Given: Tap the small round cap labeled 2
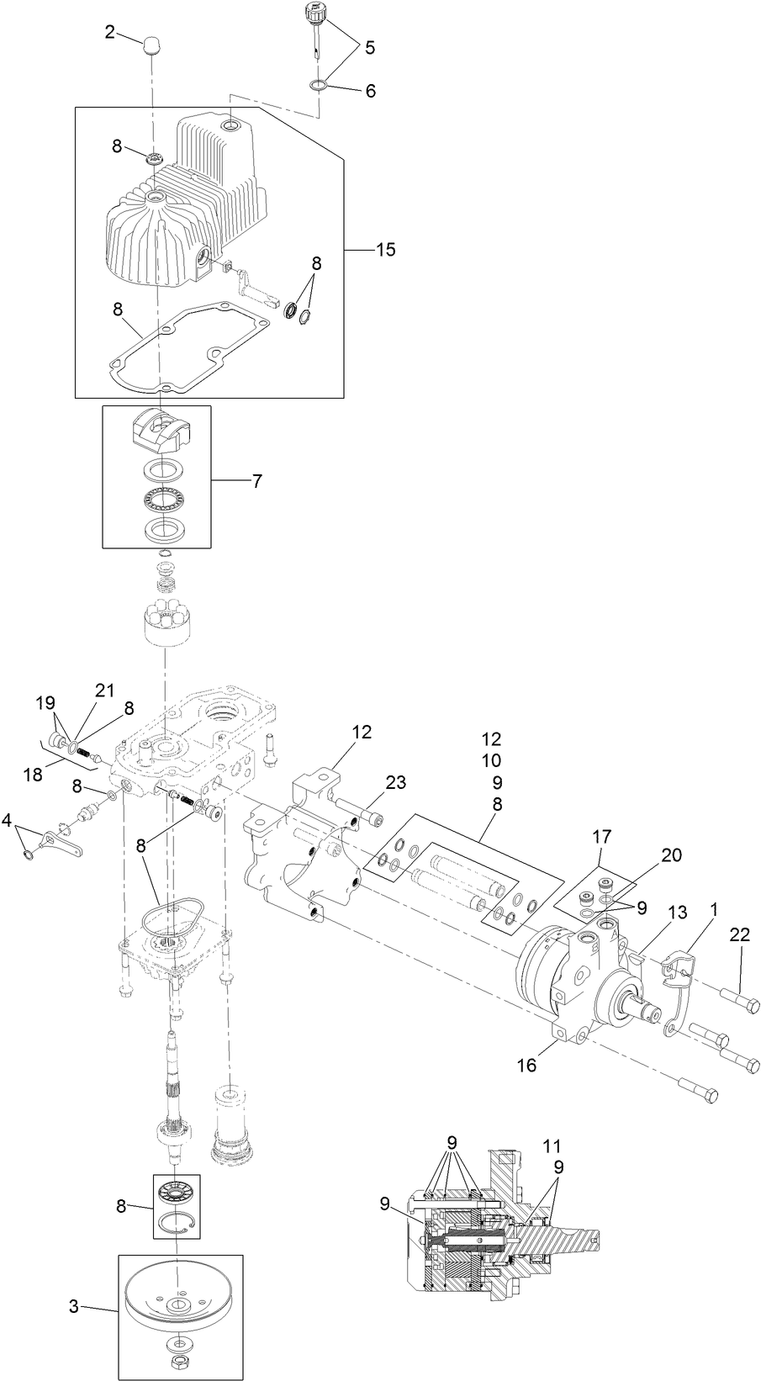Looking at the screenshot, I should [152, 45].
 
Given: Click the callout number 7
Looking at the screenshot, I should [256, 481].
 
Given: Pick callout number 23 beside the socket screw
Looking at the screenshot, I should [395, 783].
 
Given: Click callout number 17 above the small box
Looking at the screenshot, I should [602, 837].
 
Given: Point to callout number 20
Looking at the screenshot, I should [670, 855].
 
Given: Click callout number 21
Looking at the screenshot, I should [103, 690].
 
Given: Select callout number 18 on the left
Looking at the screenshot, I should [32, 774].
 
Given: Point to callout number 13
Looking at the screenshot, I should [678, 913].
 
